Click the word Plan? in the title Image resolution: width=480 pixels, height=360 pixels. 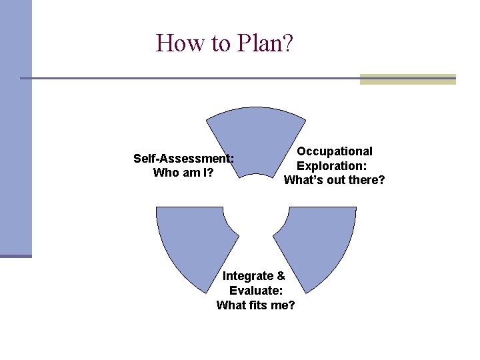coord(263,43)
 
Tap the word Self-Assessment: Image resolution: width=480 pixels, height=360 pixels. coord(183,159)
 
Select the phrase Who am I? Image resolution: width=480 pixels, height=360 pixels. coord(183,173)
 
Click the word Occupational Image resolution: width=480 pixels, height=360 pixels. coord(335,151)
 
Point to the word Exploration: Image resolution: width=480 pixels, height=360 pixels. coord(335,166)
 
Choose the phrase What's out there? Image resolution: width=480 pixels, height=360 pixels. coord(335,180)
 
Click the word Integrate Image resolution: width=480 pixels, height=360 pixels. coord(248,276)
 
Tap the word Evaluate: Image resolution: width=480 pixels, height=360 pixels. coord(256,291)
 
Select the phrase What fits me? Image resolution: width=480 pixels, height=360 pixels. coord(256,305)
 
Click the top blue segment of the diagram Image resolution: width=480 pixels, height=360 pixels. coord(256,137)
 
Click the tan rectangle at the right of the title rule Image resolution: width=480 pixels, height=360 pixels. coord(407,79)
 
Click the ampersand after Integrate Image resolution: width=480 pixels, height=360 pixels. coord(280,276)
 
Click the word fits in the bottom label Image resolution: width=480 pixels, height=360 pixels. coord(259,305)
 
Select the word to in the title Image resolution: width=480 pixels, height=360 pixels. coord(215,43)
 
